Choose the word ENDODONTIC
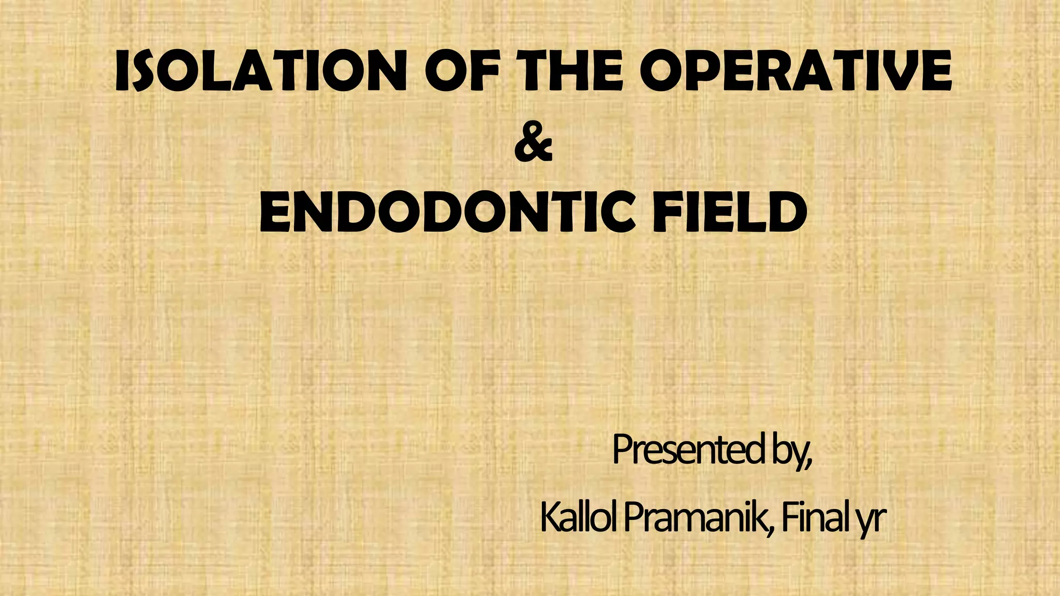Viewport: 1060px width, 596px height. click(x=446, y=212)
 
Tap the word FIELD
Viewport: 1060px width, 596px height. click(x=729, y=212)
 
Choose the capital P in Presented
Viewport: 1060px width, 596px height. click(x=623, y=450)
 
